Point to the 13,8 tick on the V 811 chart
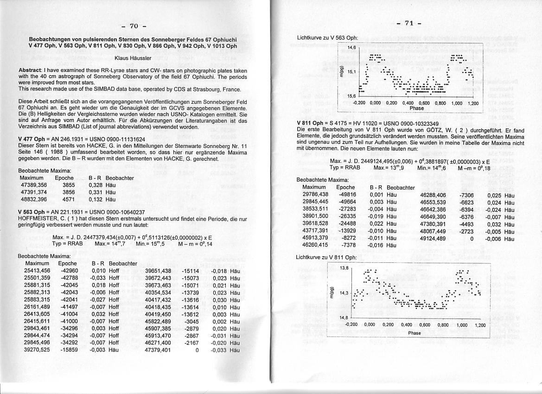tap(344, 267)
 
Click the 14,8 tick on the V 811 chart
tap(344, 318)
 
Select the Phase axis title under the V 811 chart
tap(414, 333)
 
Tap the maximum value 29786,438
tap(315, 195)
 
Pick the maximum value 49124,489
tap(433, 239)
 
